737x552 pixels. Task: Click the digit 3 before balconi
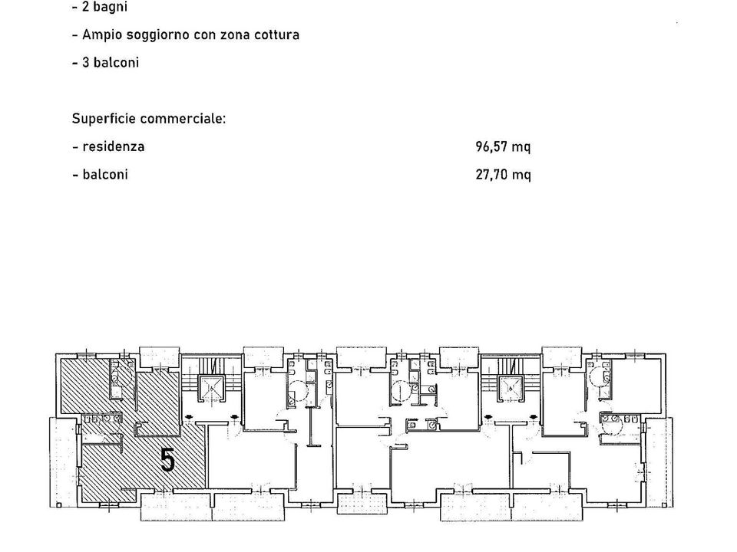click(x=85, y=62)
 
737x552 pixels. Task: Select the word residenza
click(x=114, y=146)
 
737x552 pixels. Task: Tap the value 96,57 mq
click(x=503, y=147)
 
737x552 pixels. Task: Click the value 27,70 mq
click(x=503, y=175)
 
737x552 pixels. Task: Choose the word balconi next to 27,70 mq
click(x=105, y=175)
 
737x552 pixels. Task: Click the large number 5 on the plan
click(x=168, y=459)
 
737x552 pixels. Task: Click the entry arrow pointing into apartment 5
click(x=189, y=416)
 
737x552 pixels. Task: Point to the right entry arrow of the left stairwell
click(x=234, y=416)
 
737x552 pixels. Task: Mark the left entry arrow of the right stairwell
click(x=488, y=416)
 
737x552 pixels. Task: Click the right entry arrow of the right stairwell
click(x=534, y=416)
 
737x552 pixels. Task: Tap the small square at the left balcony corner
click(x=59, y=505)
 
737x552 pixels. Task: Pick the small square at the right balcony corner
click(x=663, y=505)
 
